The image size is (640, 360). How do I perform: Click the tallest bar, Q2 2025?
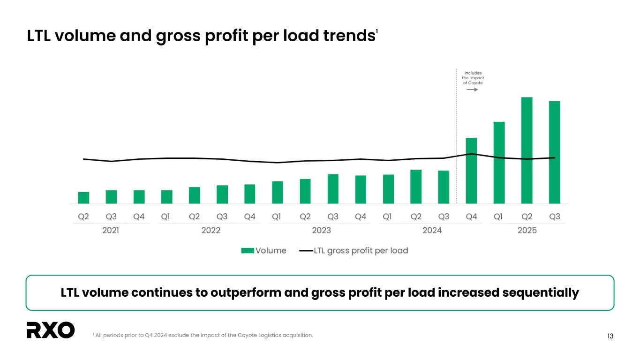(527, 150)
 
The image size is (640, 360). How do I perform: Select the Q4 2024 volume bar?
(471, 171)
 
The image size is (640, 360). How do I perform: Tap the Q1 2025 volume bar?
(499, 163)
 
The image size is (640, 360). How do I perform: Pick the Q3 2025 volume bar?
(554, 152)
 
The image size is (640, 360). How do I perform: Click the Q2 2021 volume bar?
(83, 198)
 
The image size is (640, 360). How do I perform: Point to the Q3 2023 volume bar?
(333, 189)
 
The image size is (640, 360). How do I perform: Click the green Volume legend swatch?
(248, 251)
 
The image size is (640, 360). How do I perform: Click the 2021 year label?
(111, 231)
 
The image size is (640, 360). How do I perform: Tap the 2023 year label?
(321, 231)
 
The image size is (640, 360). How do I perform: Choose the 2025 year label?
(527, 231)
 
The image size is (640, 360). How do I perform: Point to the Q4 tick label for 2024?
(471, 217)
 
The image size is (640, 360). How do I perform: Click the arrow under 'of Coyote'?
(472, 90)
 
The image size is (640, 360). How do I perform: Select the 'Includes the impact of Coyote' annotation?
(473, 78)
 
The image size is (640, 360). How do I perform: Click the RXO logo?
(51, 330)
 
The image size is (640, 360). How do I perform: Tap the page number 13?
(610, 336)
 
